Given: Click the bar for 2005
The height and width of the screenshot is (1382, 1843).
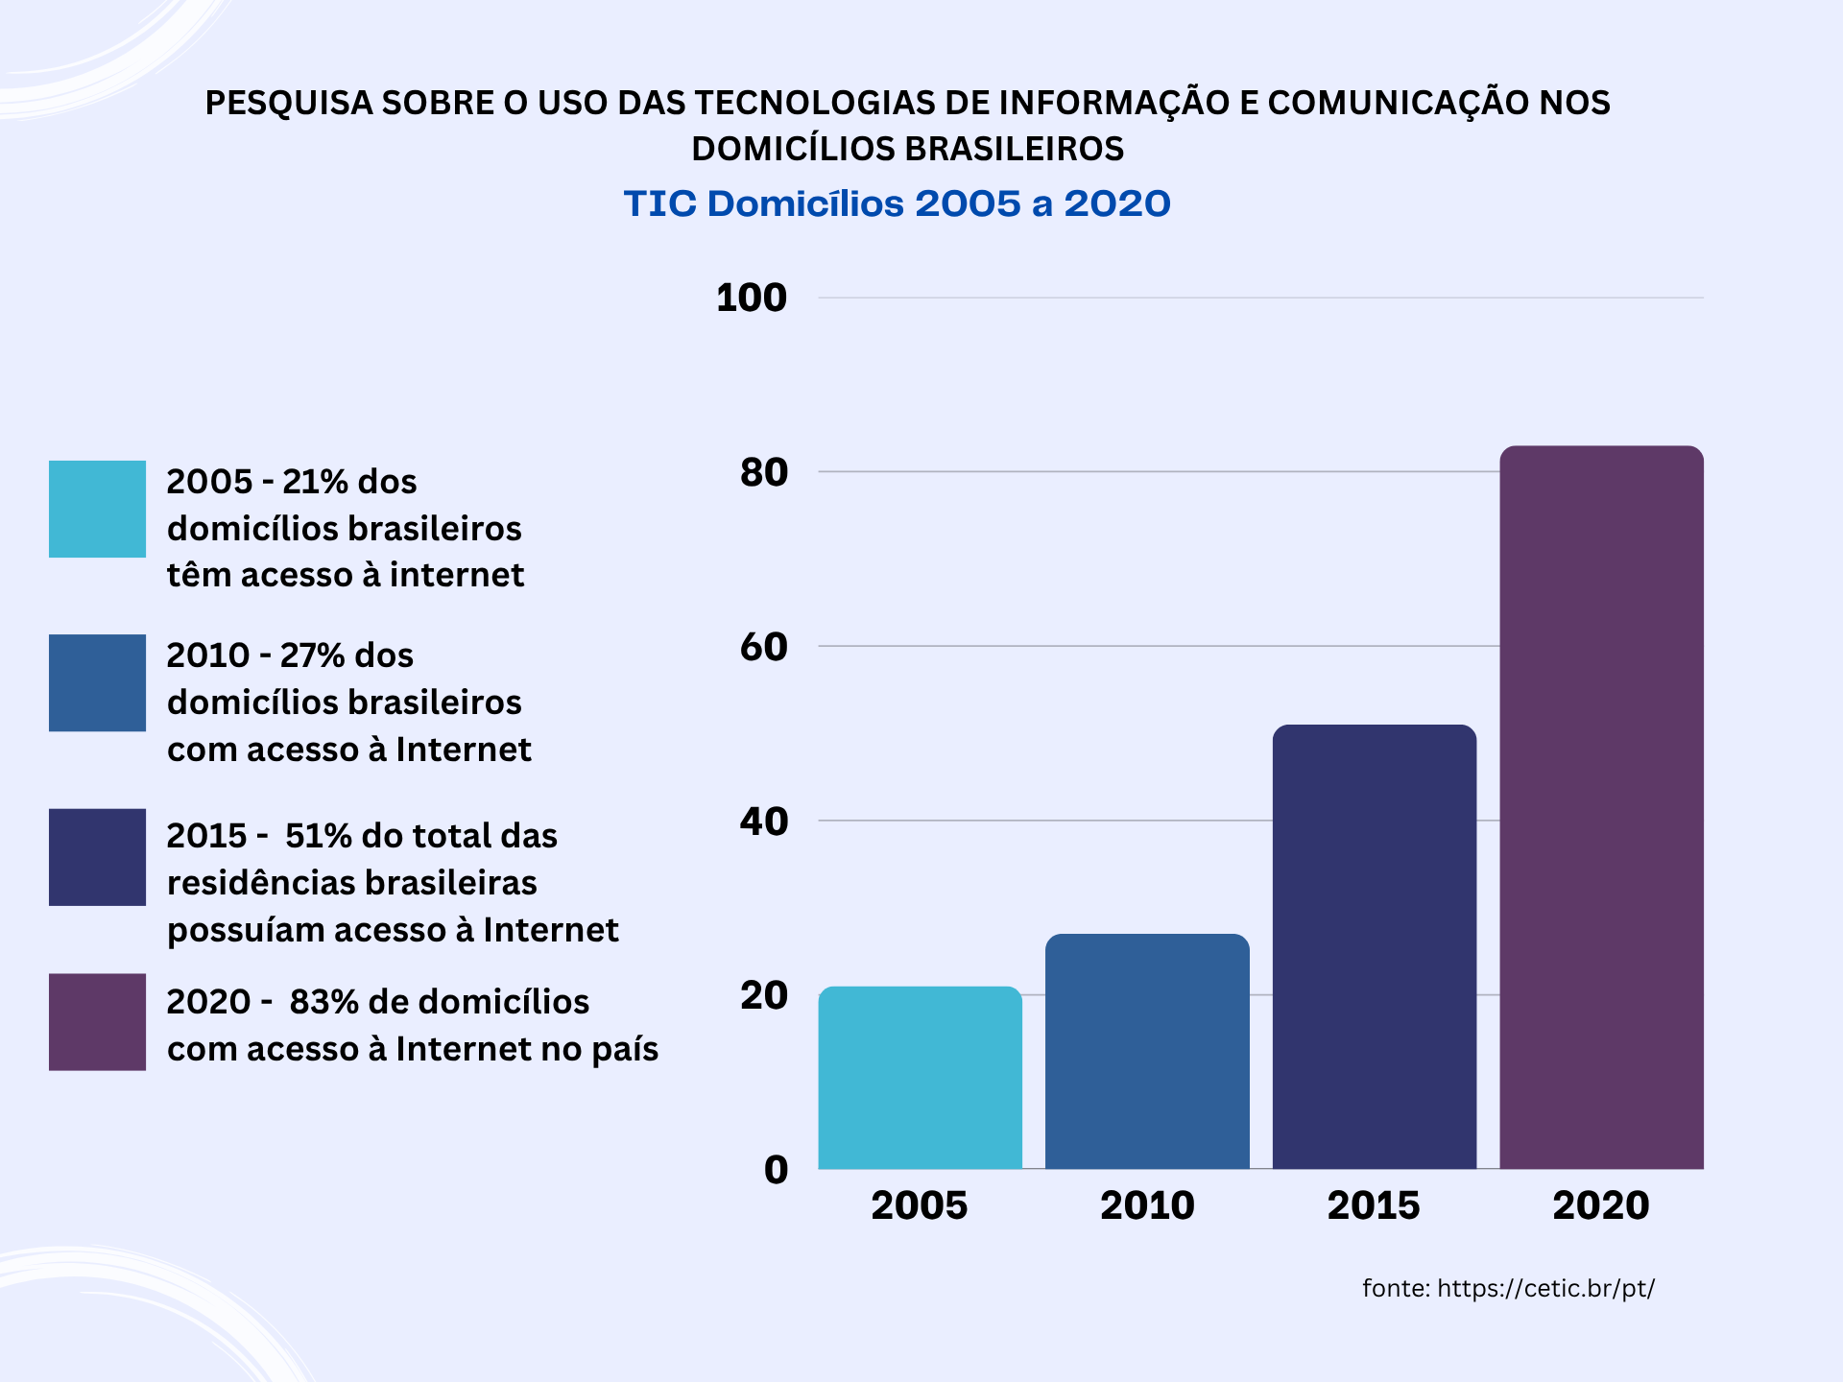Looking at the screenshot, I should click(920, 1077).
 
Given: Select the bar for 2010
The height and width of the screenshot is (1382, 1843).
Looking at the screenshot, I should click(1147, 1051).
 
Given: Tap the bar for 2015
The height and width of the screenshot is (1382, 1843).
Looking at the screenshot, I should click(1374, 946).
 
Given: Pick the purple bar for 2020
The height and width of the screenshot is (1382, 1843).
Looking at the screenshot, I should click(1601, 806).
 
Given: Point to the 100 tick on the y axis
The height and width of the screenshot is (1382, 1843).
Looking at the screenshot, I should click(752, 298).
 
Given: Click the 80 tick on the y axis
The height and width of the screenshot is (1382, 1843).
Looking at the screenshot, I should click(763, 472).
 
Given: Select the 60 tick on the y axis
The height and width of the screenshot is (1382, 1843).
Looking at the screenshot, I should click(763, 647).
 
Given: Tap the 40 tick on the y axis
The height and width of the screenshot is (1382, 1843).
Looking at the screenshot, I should click(763, 822).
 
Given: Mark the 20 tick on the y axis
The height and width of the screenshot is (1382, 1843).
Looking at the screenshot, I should click(763, 995).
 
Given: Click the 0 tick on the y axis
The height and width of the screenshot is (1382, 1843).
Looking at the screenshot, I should click(776, 1170).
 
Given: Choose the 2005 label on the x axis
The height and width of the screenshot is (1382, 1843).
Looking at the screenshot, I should click(919, 1205).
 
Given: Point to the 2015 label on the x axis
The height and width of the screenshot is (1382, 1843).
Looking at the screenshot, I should click(1373, 1205).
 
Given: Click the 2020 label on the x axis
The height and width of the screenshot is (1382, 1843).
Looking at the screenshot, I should click(1600, 1205).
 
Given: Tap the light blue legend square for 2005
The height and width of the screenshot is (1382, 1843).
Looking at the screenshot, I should click(97, 509).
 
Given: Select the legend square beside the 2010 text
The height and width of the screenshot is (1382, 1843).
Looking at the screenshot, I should click(97, 682).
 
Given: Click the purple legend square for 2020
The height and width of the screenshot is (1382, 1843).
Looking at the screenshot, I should click(97, 1022).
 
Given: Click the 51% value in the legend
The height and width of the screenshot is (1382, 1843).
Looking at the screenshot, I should click(318, 836).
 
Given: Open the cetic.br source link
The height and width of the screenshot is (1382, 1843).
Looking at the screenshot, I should click(1545, 1288).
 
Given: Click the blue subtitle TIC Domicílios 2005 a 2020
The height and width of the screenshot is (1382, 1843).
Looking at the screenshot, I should click(897, 203).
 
